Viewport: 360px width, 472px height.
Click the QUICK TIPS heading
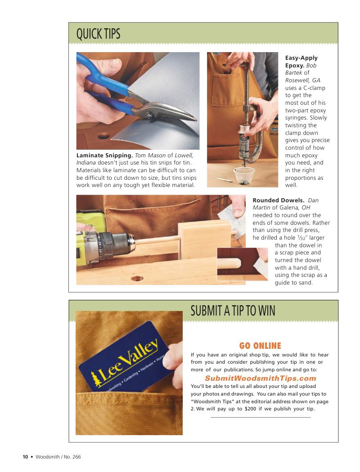pyautogui.click(x=98, y=33)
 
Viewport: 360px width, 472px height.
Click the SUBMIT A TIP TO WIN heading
pyautogui.click(x=233, y=311)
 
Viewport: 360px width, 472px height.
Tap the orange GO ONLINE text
pyautogui.click(x=260, y=346)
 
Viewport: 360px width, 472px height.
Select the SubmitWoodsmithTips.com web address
pyautogui.click(x=261, y=378)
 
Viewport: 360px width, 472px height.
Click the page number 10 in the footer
pyautogui.click(x=25, y=457)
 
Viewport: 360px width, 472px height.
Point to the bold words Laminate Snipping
pyautogui.click(x=104, y=156)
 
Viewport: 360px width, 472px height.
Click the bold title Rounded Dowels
pyautogui.click(x=279, y=200)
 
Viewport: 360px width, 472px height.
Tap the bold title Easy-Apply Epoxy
pyautogui.click(x=301, y=62)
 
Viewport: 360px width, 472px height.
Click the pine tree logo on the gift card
pyautogui.click(x=96, y=379)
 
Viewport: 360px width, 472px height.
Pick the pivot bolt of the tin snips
pyautogui.click(x=148, y=114)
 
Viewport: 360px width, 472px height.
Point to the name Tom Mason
pyautogui.click(x=150, y=156)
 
